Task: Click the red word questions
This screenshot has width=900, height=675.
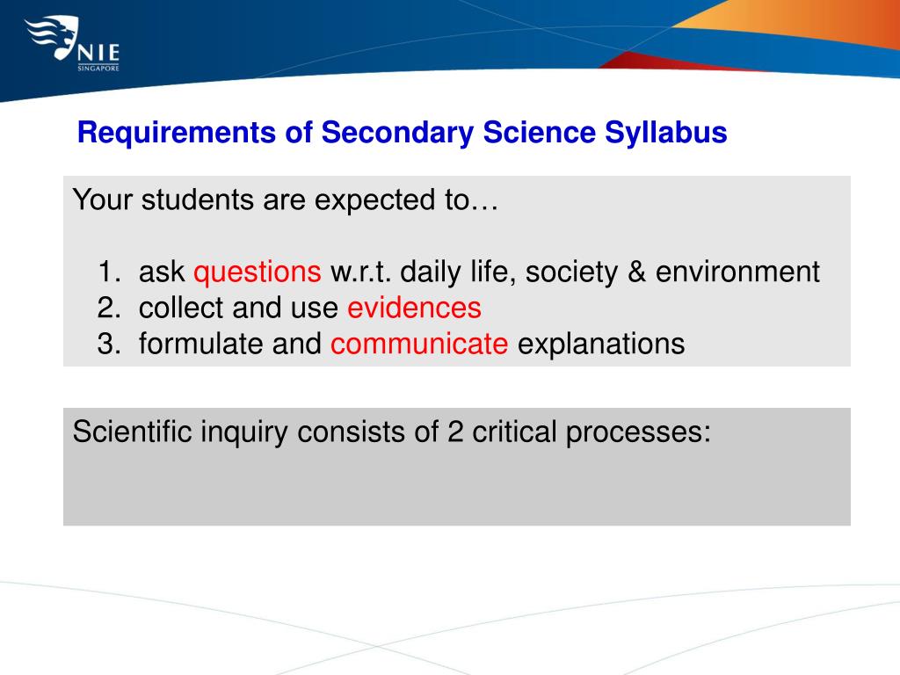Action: pos(258,272)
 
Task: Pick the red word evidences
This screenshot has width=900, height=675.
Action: pos(414,308)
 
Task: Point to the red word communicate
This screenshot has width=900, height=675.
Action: pos(419,344)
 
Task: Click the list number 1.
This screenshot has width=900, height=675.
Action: pos(107,272)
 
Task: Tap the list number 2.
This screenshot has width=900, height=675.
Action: pos(107,308)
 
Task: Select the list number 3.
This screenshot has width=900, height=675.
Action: pos(107,344)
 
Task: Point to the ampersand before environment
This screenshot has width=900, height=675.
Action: pos(636,272)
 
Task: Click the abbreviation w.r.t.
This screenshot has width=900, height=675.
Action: pos(360,272)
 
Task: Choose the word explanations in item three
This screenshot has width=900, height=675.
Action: pos(600,344)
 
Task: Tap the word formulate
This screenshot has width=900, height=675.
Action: pos(201,344)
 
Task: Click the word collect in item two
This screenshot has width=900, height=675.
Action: pos(169,308)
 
